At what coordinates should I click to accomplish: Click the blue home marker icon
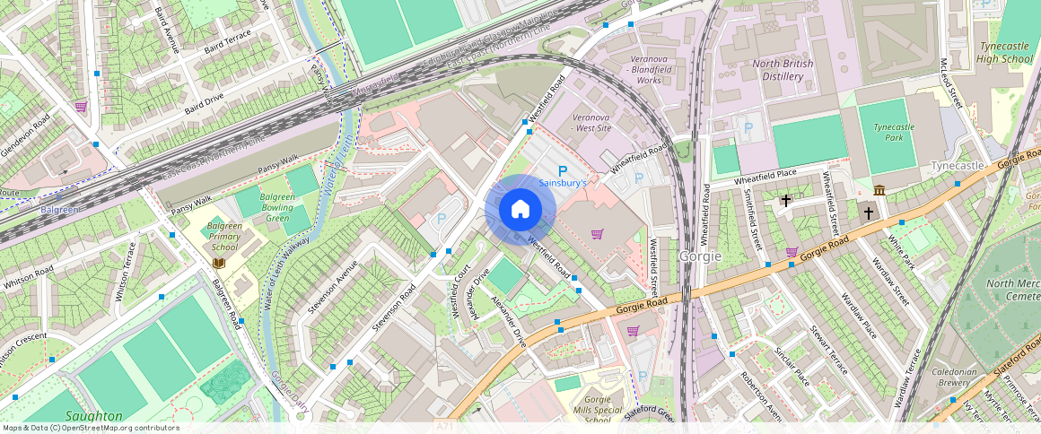point(520,210)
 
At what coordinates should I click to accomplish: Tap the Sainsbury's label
point(563,183)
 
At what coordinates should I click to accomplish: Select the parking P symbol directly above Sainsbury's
point(563,170)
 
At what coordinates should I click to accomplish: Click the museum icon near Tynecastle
point(879,190)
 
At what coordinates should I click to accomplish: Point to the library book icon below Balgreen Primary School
point(219,263)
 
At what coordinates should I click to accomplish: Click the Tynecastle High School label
point(1005,53)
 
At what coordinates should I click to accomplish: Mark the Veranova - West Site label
point(591,123)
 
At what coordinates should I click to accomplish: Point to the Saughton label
point(93,416)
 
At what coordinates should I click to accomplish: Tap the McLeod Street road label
point(950,82)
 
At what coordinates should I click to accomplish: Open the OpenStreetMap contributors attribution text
point(91,428)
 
